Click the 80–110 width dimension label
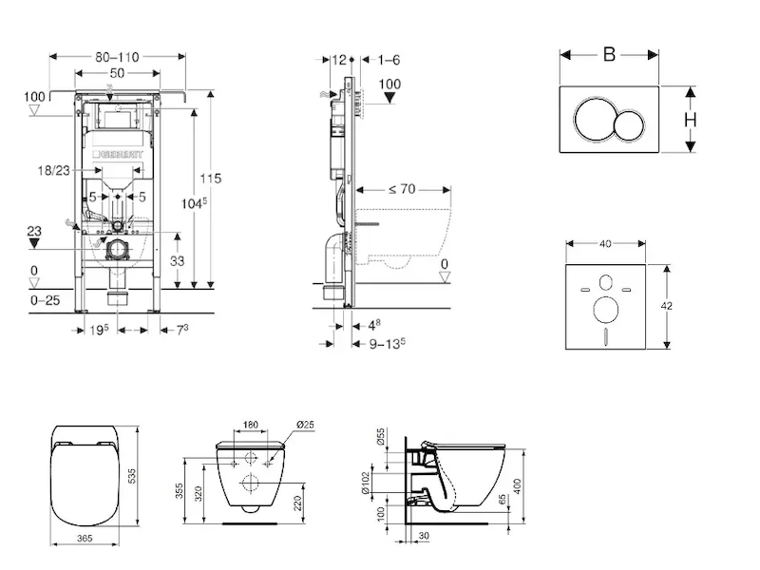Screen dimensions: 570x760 pyautogui.click(x=117, y=56)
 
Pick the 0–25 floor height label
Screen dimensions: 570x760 pyautogui.click(x=47, y=300)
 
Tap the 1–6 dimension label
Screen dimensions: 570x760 pyautogui.click(x=389, y=60)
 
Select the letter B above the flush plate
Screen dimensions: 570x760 pyautogui.click(x=609, y=54)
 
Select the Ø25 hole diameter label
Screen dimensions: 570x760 pyautogui.click(x=306, y=425)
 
